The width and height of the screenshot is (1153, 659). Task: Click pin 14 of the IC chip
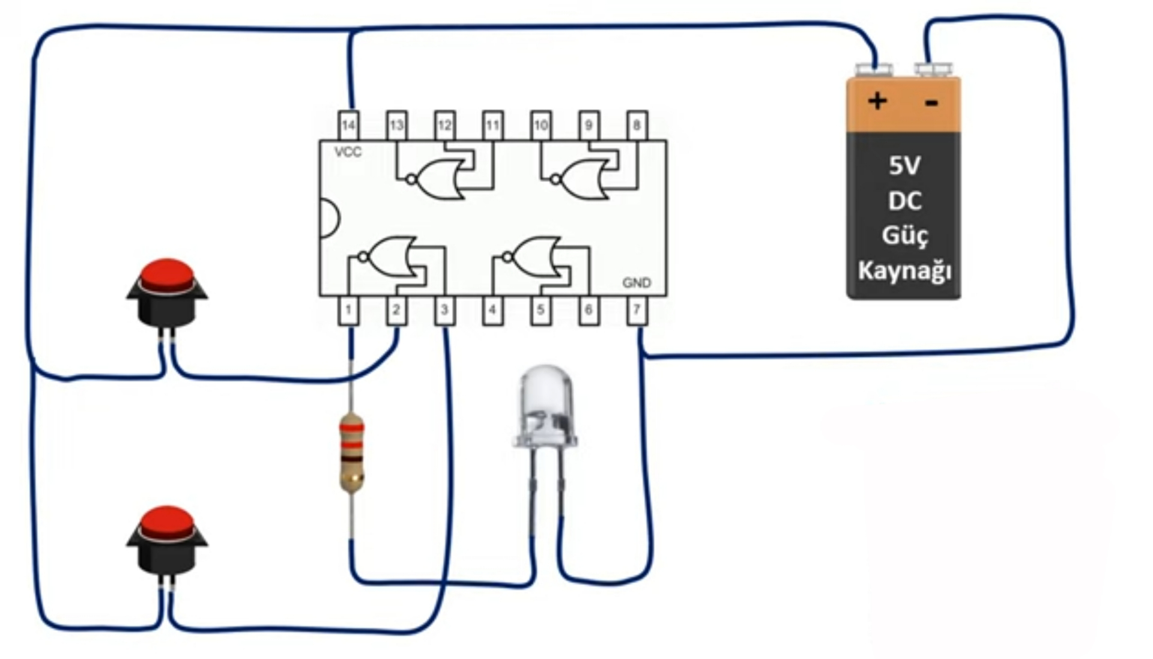pyautogui.click(x=348, y=125)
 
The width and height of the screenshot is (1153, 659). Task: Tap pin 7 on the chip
pyautogui.click(x=637, y=311)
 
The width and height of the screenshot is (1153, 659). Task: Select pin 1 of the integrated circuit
pyautogui.click(x=348, y=311)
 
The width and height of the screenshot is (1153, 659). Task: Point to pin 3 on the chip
pyautogui.click(x=444, y=311)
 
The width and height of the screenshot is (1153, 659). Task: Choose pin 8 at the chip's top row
pyautogui.click(x=637, y=125)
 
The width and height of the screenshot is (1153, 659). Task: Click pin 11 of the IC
pyautogui.click(x=492, y=125)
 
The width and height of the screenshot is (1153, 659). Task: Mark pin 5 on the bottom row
pyautogui.click(x=540, y=311)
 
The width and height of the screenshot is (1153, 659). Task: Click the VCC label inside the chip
pyautogui.click(x=348, y=152)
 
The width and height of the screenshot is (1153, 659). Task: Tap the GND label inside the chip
pyautogui.click(x=637, y=282)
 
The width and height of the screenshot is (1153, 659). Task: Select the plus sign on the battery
pyautogui.click(x=877, y=100)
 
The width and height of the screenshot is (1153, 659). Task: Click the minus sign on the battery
pyautogui.click(x=931, y=103)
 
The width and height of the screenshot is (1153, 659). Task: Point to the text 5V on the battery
pyautogui.click(x=904, y=165)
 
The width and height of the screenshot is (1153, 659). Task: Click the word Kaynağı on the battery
pyautogui.click(x=904, y=271)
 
